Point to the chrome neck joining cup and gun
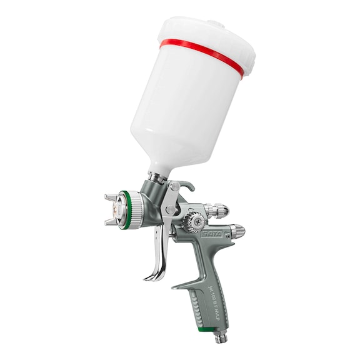159,179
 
